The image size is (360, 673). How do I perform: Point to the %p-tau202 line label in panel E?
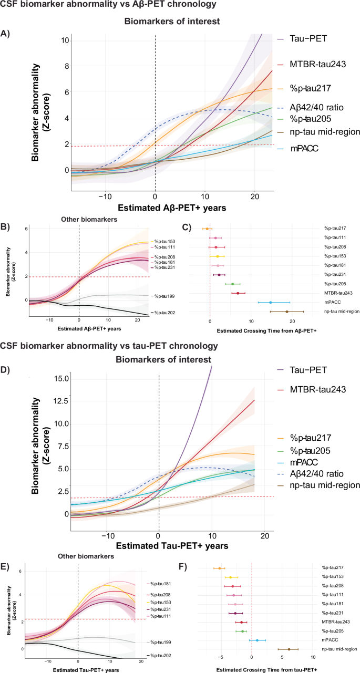click(161, 656)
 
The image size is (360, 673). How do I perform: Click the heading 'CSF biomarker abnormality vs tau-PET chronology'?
click(109, 330)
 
